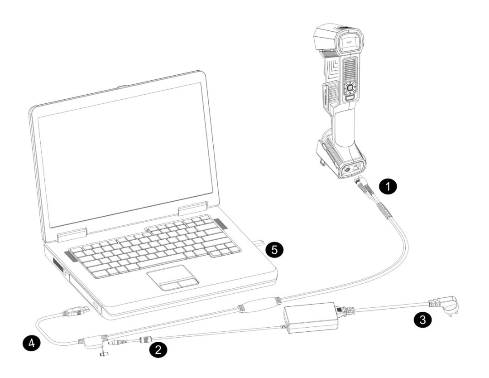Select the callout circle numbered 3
point(422,320)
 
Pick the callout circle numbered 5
point(274,249)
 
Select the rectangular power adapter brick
point(312,317)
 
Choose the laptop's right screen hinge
point(192,208)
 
